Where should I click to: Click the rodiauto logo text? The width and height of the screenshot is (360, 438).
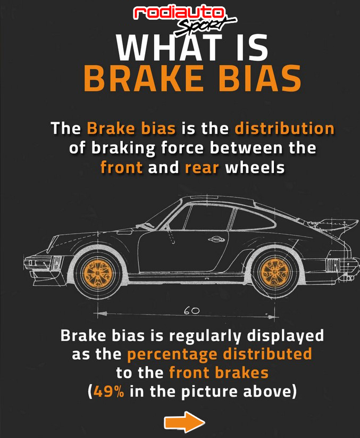pos(180,13)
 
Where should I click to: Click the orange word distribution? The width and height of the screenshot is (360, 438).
pos(284,129)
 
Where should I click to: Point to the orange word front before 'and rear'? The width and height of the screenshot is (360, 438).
pos(121,168)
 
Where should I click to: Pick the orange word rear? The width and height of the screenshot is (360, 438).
pos(202,168)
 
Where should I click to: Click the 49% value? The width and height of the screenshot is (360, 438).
pos(109,391)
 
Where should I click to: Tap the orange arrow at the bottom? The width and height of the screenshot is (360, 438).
pos(184,423)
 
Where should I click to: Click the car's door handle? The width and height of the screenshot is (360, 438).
pos(215,239)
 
